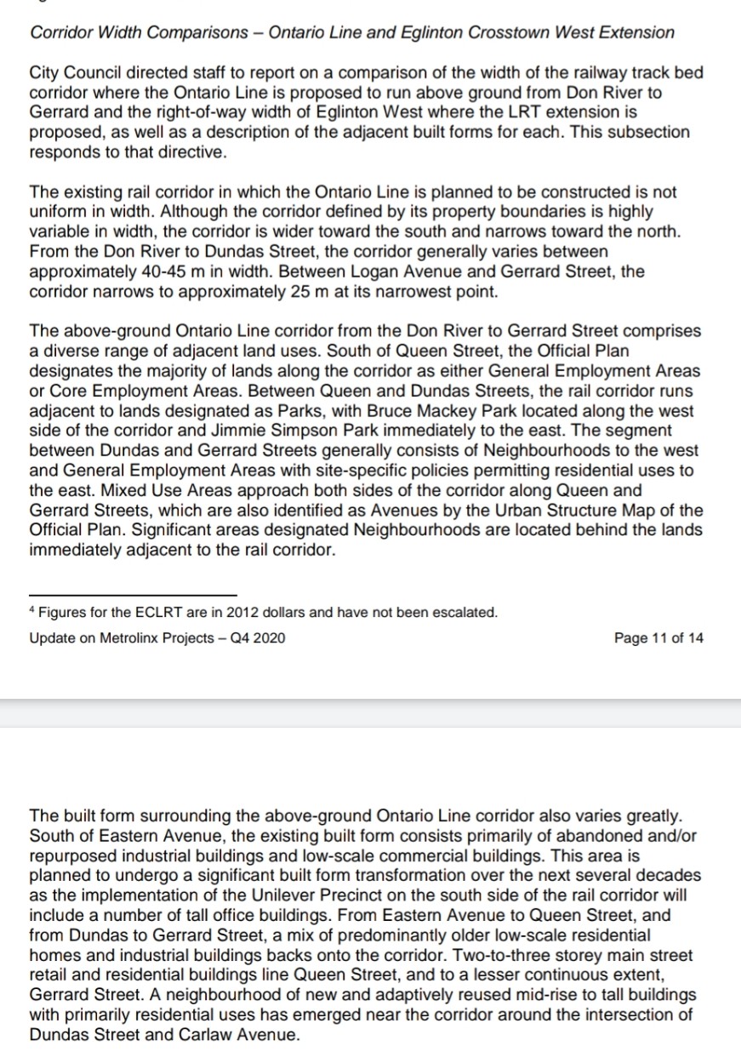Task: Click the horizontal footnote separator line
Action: point(133,594)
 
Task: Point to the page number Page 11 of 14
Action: point(658,638)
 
